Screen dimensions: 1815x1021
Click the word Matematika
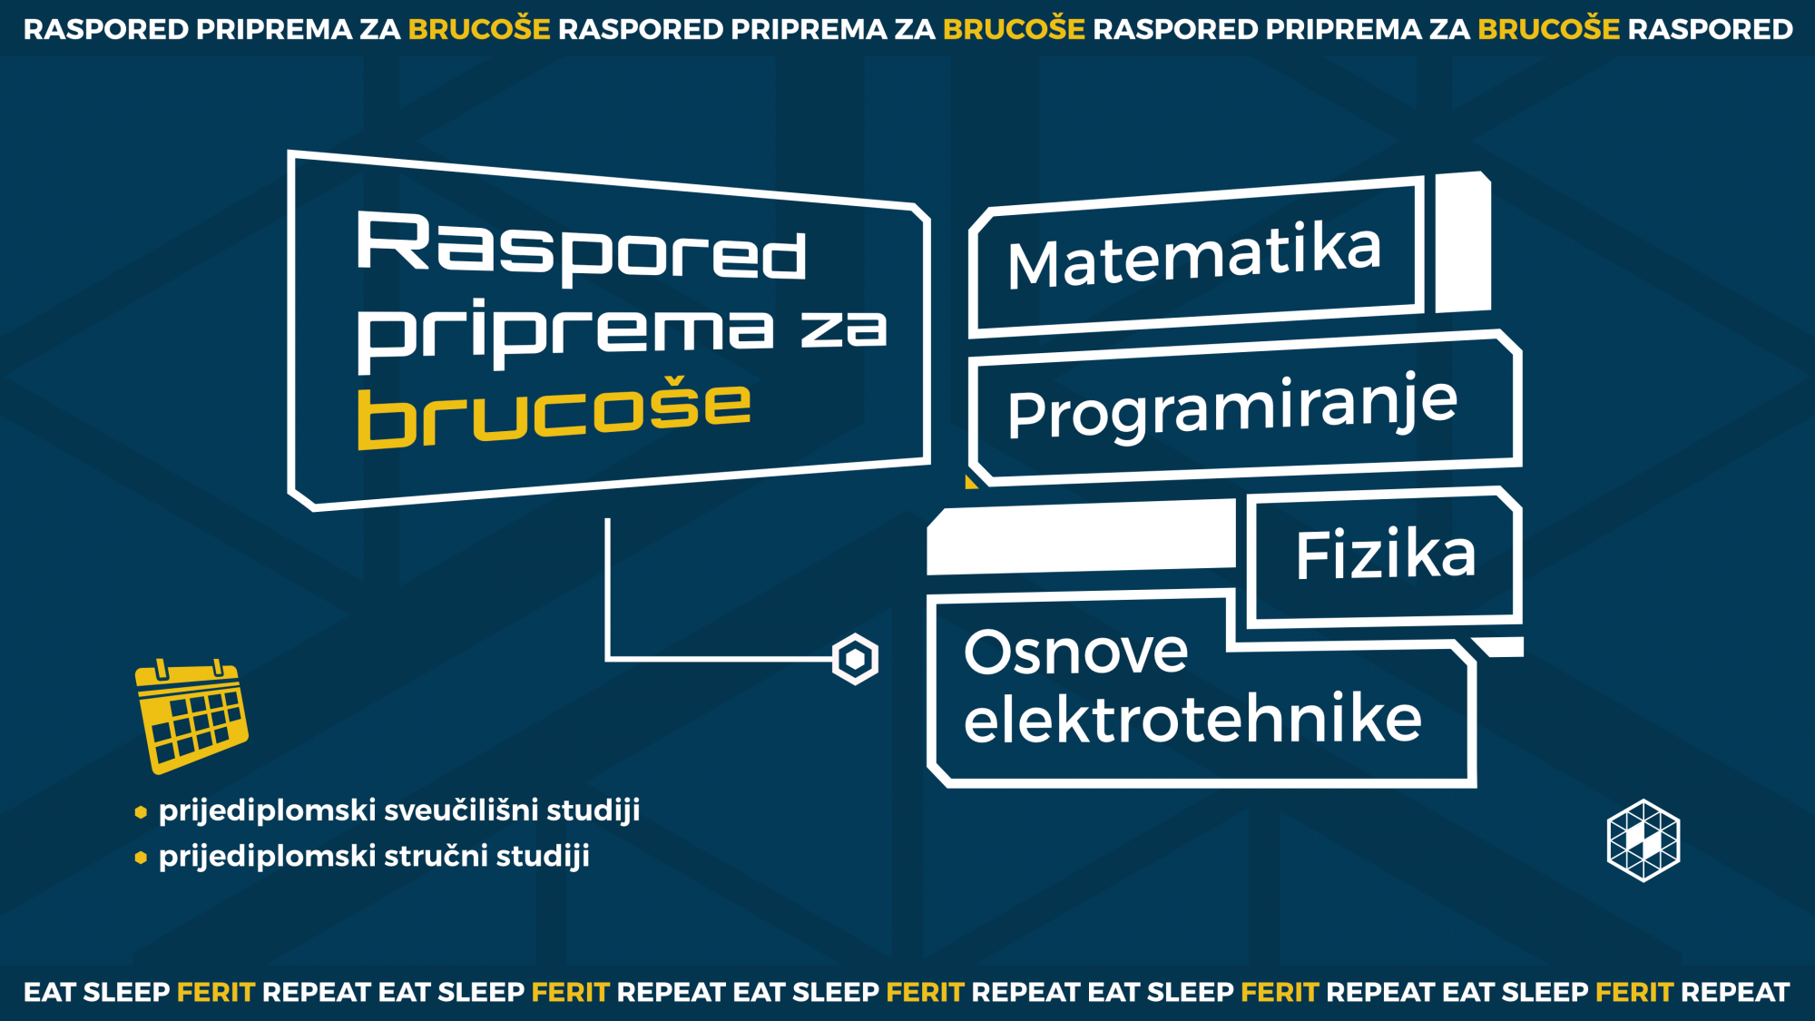tap(1194, 255)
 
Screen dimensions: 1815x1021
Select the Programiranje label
tap(1232, 407)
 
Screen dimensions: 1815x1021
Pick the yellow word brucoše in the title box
tap(554, 413)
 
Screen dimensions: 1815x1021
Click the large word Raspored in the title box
tap(582, 246)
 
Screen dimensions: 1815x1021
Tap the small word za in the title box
tap(844, 329)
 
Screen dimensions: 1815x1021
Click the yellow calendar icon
tap(191, 716)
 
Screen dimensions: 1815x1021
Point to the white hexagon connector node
tap(855, 659)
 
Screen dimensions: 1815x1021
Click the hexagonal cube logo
tap(1643, 840)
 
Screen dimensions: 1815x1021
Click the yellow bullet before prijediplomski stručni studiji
tap(141, 857)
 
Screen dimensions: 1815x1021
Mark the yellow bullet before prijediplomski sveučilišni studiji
tap(141, 812)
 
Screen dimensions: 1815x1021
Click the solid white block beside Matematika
tap(1463, 242)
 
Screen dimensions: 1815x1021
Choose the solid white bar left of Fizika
tap(1081, 537)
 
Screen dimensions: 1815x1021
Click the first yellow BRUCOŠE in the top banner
tap(479, 29)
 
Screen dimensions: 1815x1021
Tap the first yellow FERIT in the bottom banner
tap(216, 992)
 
